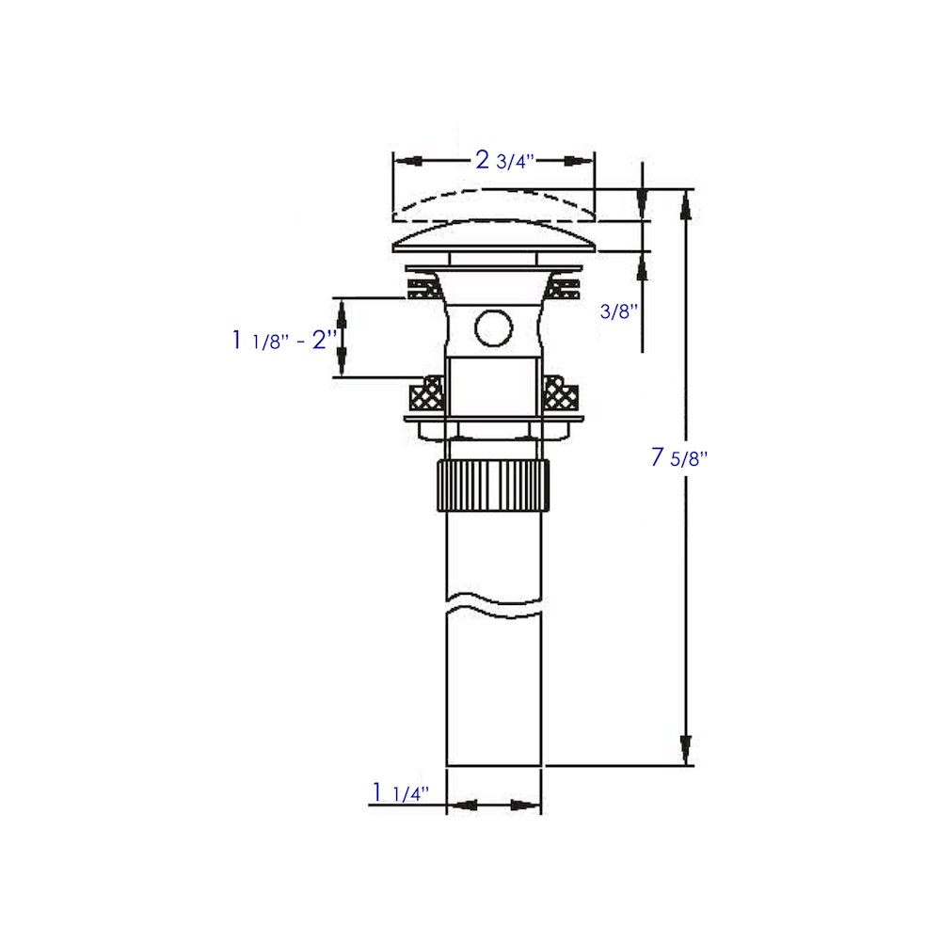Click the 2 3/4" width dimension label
tap(504, 161)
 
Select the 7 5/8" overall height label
tap(679, 458)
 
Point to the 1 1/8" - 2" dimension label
tap(284, 341)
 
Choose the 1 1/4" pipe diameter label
tap(401, 792)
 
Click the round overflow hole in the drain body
tap(494, 328)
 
